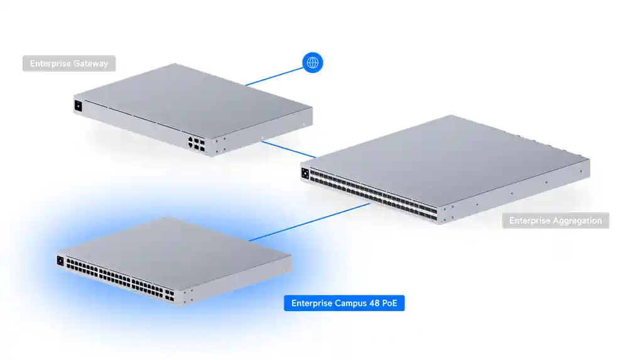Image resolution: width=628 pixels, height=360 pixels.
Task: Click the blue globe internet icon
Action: point(312,63)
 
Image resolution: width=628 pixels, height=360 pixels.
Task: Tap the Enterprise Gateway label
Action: point(69,63)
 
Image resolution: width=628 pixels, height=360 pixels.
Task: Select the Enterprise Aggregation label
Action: point(556,221)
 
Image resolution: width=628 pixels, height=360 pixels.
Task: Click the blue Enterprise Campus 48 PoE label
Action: point(344,303)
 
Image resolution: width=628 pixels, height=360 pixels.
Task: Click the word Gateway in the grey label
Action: point(90,63)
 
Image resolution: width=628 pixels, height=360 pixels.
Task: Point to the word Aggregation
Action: point(577,221)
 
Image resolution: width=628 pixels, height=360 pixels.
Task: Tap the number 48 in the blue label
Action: point(374,303)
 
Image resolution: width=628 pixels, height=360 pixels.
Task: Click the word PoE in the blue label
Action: point(390,303)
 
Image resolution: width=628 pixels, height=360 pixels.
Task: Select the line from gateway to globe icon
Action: point(274,76)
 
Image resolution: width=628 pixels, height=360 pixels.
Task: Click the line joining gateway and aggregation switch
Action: point(289,150)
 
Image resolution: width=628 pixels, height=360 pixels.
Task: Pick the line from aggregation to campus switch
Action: point(309,222)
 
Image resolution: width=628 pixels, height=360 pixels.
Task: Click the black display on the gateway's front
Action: point(78,106)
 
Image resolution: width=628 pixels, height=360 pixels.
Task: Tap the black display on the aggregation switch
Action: point(305,173)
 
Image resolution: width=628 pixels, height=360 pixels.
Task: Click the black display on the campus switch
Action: point(60,261)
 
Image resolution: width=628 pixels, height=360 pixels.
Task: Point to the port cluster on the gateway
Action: point(196,144)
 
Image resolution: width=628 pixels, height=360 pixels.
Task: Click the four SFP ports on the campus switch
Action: point(170,295)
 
